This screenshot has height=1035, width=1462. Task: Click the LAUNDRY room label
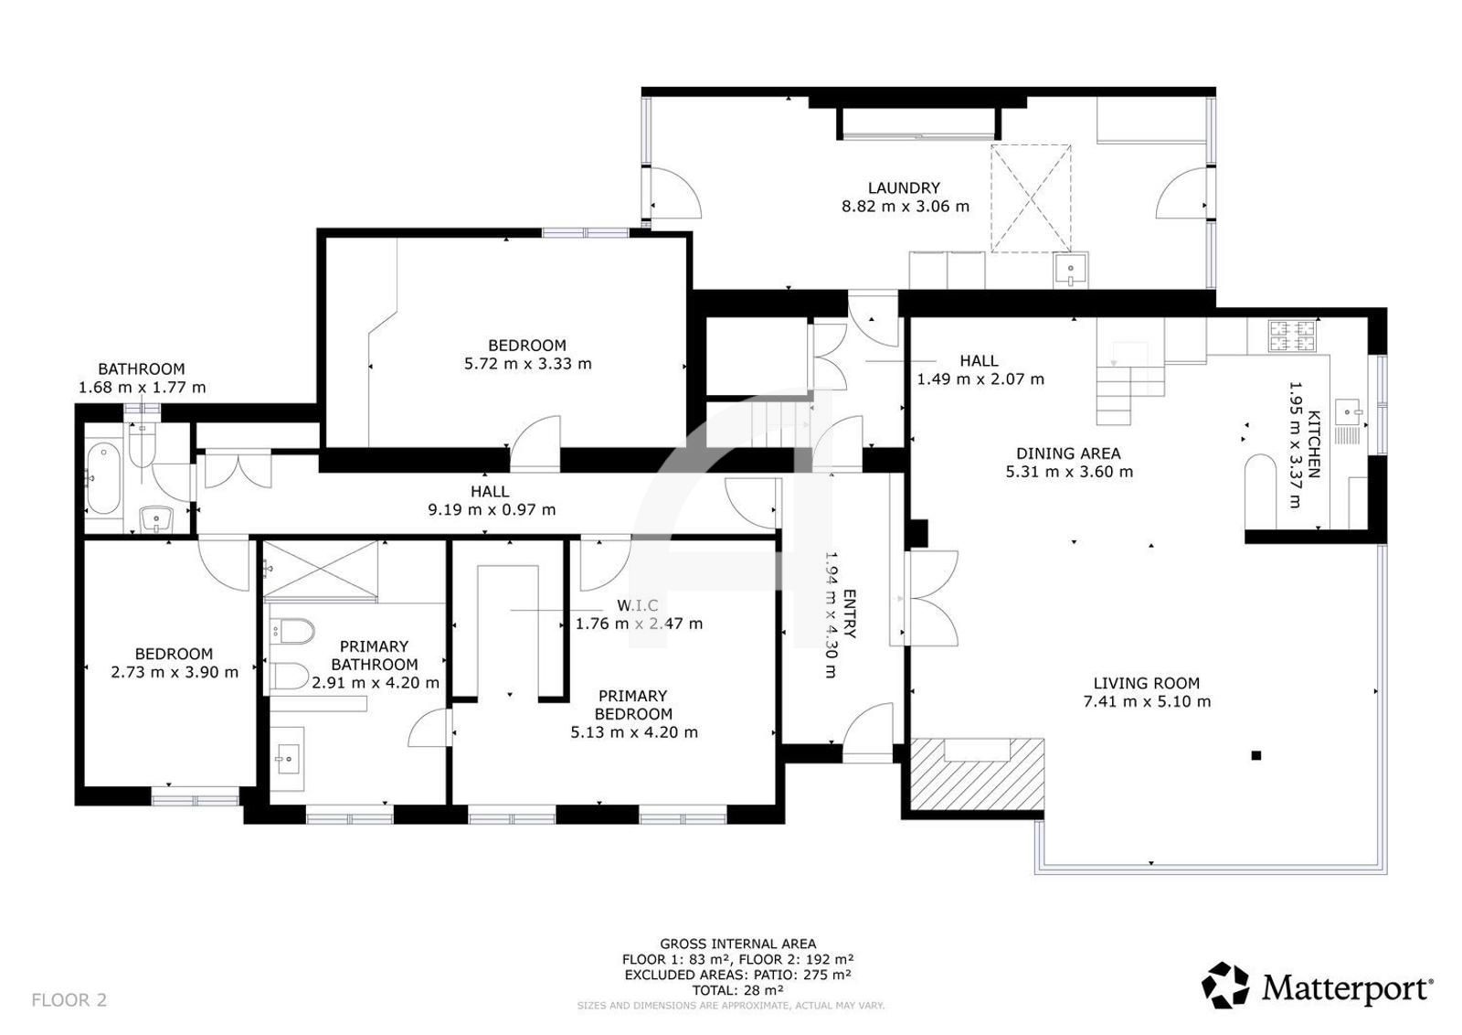coord(904,188)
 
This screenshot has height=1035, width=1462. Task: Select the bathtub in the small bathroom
coord(104,479)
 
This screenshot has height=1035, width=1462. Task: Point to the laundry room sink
coord(1070,269)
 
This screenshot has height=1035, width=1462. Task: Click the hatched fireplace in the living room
coord(977,774)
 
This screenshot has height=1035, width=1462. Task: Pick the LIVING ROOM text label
coord(1146,684)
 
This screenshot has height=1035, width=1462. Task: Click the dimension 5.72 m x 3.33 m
coord(527,364)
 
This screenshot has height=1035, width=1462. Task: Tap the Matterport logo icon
coord(1225,985)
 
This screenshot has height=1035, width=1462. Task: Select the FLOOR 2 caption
coord(69,999)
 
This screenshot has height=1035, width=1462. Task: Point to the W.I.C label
coord(638,605)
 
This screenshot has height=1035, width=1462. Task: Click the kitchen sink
coord(1349,412)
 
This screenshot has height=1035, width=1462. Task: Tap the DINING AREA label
coord(1068,453)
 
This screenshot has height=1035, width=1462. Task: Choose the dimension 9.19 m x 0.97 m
coord(492,509)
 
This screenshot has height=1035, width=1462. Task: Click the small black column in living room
coord(1255,755)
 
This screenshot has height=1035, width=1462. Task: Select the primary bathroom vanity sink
coord(287,759)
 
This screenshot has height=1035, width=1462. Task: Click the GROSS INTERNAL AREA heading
coord(737,944)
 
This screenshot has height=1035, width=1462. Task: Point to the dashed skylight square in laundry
coord(1032,198)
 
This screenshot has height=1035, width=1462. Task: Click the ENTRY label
coord(849,614)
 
